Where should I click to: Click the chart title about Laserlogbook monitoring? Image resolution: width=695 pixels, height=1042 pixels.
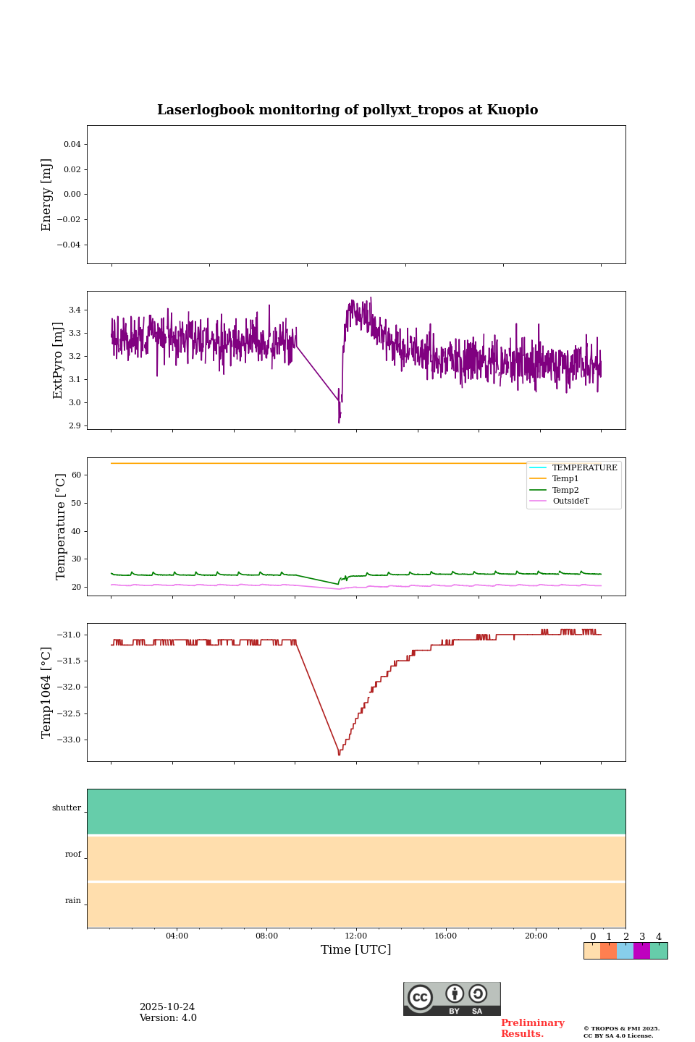347,110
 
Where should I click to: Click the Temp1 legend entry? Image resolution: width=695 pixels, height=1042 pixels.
565,479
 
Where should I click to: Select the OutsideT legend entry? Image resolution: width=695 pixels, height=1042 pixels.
570,501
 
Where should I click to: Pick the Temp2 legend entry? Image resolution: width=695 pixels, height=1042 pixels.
565,490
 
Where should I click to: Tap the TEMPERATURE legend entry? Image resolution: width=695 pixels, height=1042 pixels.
584,468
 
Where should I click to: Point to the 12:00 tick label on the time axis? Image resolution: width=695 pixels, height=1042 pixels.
356,936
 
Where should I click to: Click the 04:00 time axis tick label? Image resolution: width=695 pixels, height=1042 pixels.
177,936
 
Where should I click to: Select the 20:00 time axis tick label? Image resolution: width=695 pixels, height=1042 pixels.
536,936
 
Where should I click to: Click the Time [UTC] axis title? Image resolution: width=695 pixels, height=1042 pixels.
356,950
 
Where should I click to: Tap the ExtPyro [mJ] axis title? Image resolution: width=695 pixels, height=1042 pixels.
59,360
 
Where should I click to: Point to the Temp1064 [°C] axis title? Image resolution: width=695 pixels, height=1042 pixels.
47,692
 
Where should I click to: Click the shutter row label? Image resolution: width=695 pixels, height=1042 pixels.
67,808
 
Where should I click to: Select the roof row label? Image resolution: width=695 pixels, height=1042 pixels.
73,855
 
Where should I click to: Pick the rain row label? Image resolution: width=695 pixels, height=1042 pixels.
73,901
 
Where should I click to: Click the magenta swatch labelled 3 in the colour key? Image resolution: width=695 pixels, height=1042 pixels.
641,951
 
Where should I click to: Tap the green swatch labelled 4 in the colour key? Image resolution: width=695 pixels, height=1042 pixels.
659,951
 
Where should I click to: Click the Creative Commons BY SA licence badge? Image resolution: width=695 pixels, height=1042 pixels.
452,999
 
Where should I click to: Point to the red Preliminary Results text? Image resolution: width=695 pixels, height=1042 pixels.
532,1028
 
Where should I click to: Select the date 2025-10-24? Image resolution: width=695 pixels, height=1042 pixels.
167,1007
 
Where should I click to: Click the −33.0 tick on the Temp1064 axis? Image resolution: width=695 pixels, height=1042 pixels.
69,740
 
